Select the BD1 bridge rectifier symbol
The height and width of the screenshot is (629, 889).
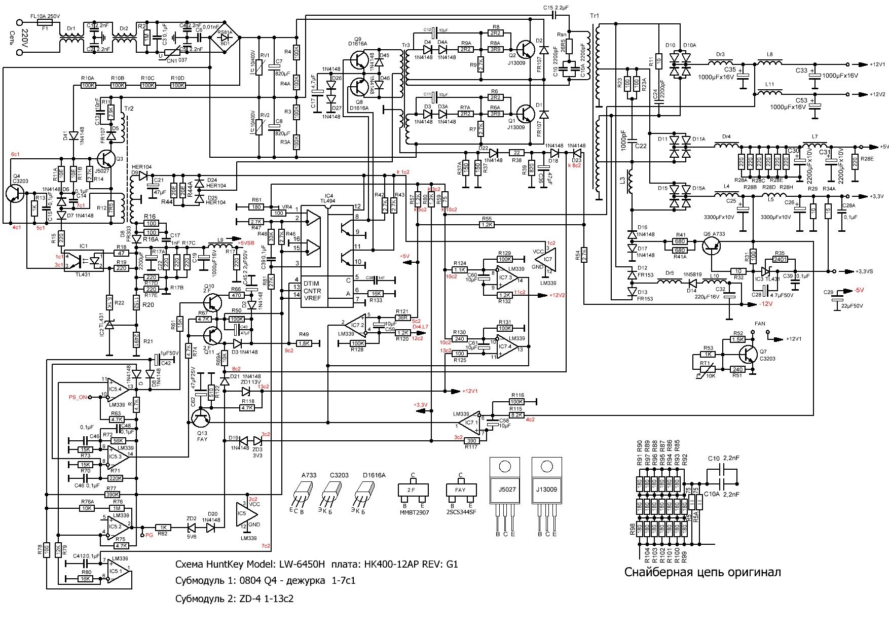[225, 38]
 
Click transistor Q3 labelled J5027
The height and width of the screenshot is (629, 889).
[107, 159]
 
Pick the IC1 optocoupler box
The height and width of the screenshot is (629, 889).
[83, 261]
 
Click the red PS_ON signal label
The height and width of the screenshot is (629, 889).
[78, 397]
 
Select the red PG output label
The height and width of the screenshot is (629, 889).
[149, 535]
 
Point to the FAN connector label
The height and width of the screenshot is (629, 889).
[760, 324]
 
